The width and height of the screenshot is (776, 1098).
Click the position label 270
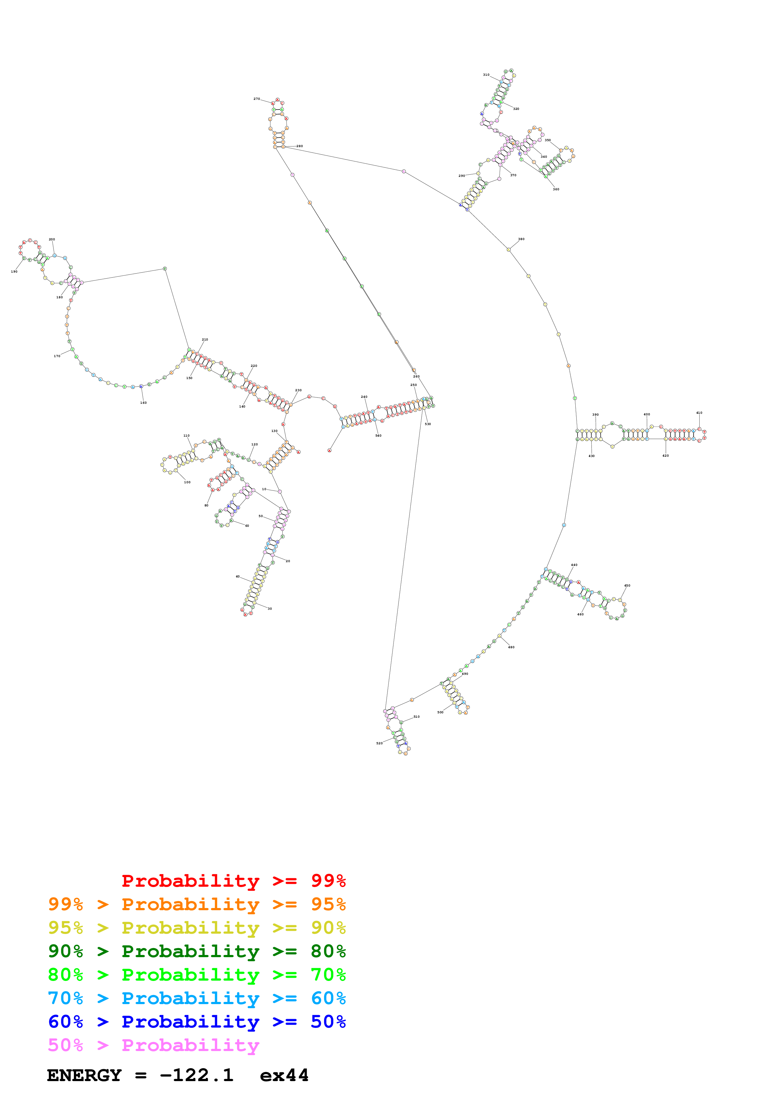pos(257,99)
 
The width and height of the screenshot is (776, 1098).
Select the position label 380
pos(521,239)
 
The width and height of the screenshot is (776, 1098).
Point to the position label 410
pos(699,413)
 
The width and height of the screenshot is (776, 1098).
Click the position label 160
pos(143,403)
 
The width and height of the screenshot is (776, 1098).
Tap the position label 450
pos(627,585)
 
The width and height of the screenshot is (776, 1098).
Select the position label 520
pos(379,743)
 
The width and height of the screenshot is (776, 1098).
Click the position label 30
pos(270,609)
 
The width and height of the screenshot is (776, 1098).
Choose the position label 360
pos(556,189)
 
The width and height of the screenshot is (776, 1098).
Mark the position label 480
pos(511,647)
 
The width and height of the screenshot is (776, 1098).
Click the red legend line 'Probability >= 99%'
pos(233,880)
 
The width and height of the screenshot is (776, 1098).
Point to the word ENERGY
pos(84,1075)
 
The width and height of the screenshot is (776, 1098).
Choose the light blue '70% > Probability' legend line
pos(197,998)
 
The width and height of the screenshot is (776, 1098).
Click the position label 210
pos(205,340)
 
